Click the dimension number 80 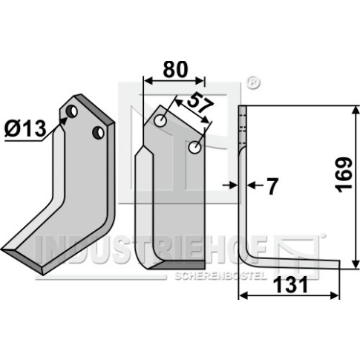[175, 69]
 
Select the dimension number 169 [344, 174]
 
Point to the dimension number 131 [292, 284]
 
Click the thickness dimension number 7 [272, 186]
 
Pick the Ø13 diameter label [26, 129]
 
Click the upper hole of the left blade [72, 111]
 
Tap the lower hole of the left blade [99, 133]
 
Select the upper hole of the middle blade [160, 121]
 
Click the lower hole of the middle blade [194, 147]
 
